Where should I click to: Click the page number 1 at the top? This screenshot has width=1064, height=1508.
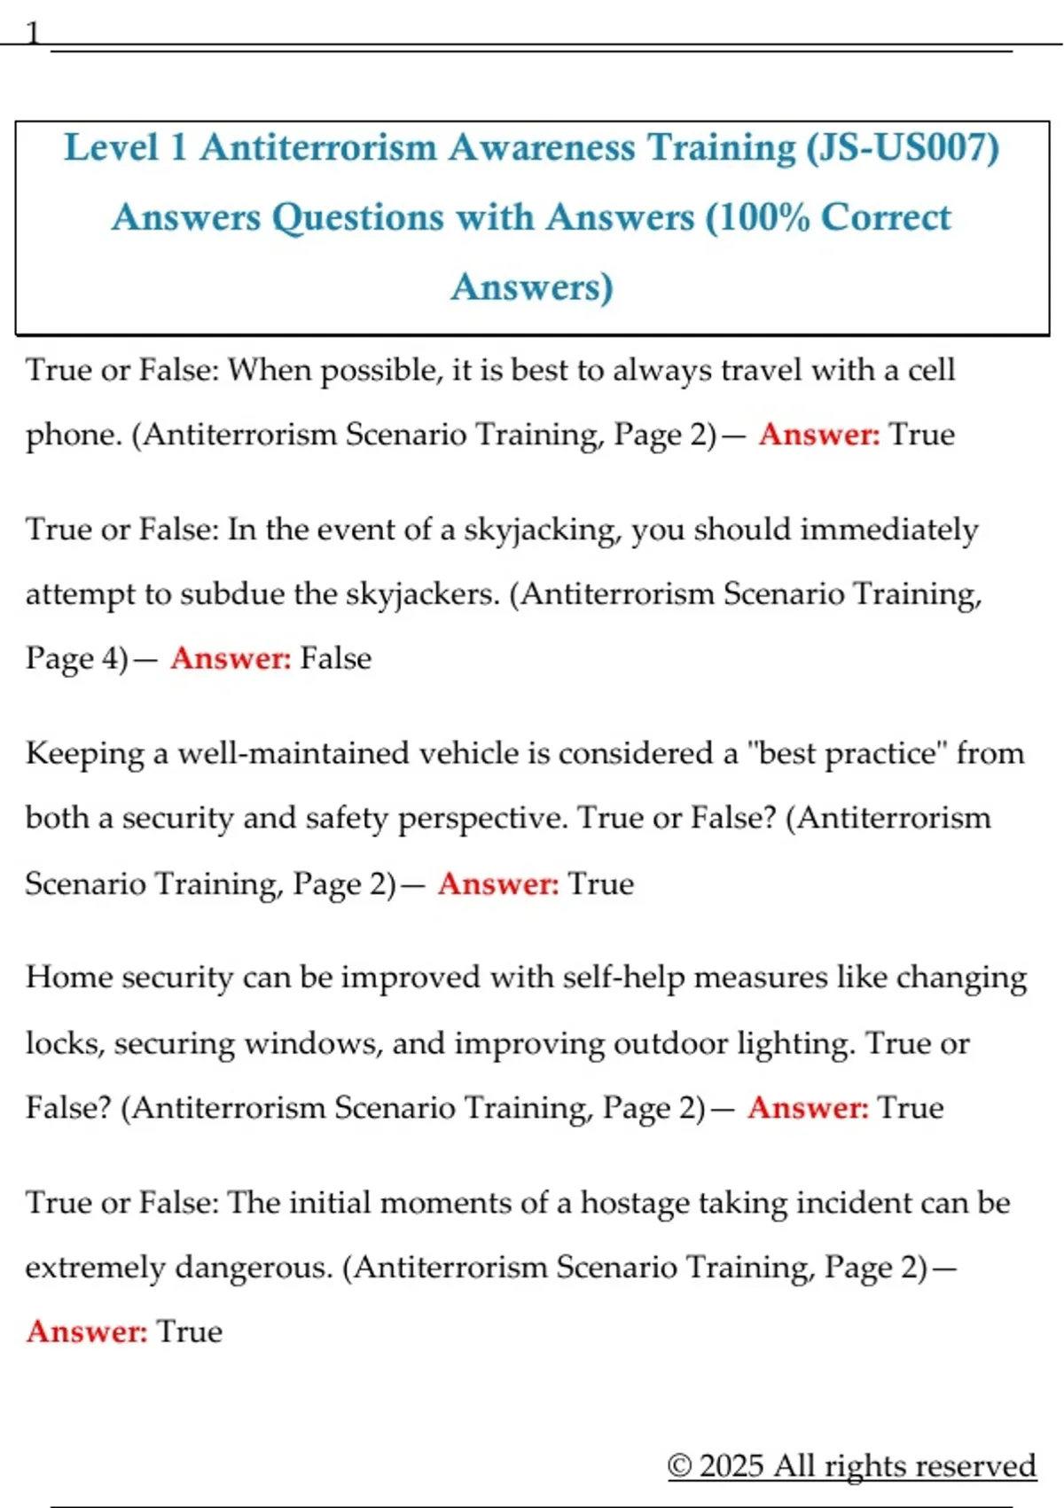point(33,34)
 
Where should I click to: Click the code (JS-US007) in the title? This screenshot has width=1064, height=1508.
point(903,147)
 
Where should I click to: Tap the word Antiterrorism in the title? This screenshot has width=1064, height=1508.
point(318,147)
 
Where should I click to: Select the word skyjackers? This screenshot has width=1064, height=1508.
point(423,593)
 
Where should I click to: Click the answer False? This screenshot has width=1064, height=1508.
point(336,658)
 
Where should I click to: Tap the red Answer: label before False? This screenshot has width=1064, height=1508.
point(231,658)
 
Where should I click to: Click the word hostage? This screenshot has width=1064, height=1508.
point(634,1203)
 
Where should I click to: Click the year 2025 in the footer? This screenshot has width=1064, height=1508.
point(731,1465)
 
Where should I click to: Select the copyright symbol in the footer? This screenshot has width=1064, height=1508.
point(679,1465)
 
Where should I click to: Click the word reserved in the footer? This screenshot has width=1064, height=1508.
point(982,1465)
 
